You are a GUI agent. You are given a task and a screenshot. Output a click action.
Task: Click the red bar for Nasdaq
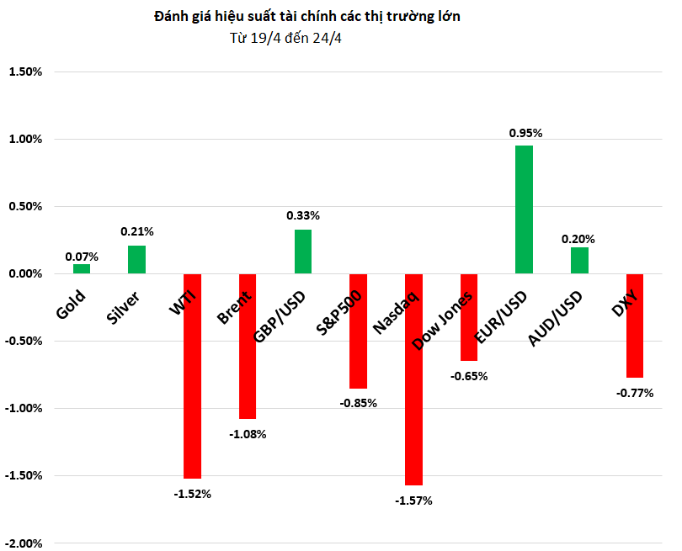413,379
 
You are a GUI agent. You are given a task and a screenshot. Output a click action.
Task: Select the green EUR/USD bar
524,209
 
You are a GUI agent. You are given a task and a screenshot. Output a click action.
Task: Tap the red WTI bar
192,376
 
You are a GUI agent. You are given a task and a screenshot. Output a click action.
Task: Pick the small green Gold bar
82,269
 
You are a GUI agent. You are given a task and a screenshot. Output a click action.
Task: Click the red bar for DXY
634,326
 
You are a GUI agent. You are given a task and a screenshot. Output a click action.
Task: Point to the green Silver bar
136,259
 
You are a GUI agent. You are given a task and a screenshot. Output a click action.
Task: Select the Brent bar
247,346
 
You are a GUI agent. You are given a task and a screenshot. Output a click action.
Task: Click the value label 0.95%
525,133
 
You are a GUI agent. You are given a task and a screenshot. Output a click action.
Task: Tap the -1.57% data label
413,501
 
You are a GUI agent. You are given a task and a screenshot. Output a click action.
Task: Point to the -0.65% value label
469,376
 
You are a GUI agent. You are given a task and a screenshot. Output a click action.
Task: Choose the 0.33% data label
303,215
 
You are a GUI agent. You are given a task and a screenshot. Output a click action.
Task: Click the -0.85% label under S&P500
359,403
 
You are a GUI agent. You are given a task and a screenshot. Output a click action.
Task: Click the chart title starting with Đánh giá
307,17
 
